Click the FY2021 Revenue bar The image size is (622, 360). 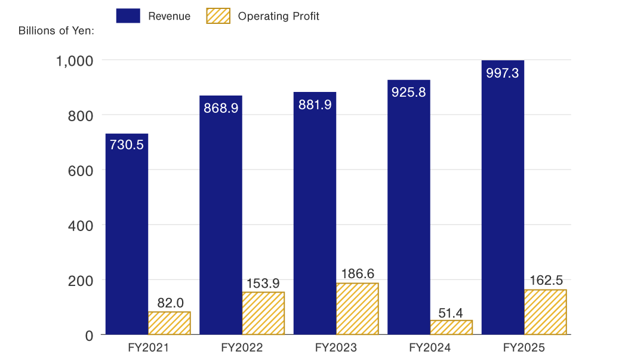(127, 239)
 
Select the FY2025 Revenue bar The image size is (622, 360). (503, 203)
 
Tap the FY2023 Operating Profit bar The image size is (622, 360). (357, 309)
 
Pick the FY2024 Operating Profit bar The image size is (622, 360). (451, 327)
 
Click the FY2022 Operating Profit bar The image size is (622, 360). (263, 313)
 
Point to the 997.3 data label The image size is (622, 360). (503, 73)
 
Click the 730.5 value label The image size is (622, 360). (127, 145)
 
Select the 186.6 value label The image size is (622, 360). (358, 274)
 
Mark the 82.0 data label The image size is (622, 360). (170, 303)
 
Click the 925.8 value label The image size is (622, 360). (408, 93)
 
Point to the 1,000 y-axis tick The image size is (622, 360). (75, 60)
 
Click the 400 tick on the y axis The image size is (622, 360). (81, 225)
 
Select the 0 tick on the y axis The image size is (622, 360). (89, 336)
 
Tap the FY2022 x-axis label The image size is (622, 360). (242, 347)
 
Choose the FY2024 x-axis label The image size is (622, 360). (430, 347)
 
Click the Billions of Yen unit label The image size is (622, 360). (57, 31)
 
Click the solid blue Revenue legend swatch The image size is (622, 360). (128, 16)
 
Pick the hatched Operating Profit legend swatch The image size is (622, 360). (217, 16)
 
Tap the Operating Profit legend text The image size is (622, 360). (278, 16)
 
